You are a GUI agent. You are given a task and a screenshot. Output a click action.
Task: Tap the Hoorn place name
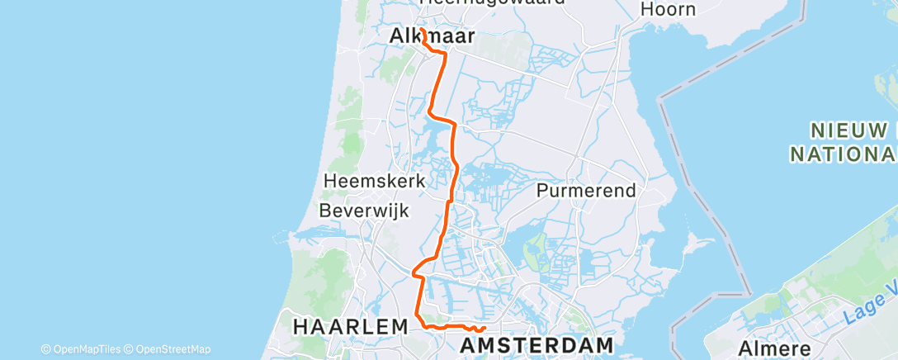tap(668, 10)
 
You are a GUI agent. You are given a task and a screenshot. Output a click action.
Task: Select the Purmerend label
tap(586, 191)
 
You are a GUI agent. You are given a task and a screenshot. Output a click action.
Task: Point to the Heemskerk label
tap(375, 181)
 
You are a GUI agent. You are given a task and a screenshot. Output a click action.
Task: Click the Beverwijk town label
tap(365, 211)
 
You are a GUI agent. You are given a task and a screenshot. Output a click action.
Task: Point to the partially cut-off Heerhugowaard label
tap(492, 2)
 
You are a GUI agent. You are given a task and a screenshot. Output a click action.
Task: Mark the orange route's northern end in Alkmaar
tap(421, 30)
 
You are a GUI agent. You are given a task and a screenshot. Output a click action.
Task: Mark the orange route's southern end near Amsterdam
tap(484, 332)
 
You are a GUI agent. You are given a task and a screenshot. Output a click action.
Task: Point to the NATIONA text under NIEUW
tap(843, 154)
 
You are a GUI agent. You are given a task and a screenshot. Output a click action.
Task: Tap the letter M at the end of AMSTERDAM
tap(604, 343)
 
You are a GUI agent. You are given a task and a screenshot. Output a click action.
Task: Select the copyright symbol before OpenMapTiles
tap(45, 349)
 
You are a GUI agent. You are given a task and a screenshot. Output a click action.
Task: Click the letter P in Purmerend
tap(542, 191)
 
